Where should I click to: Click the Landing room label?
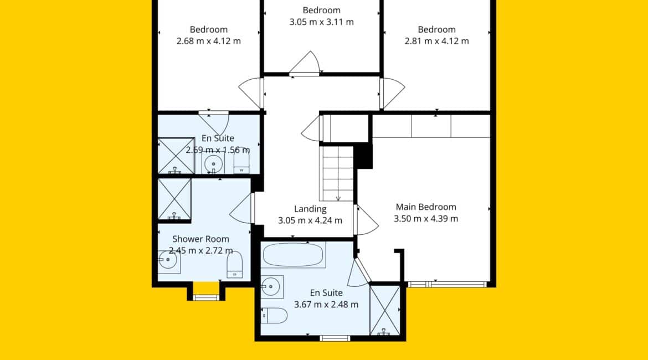[310, 209]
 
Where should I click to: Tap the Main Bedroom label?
[426, 207]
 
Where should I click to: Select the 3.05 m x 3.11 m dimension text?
[322, 22]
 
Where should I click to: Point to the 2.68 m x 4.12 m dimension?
[209, 41]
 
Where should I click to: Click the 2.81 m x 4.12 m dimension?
[437, 41]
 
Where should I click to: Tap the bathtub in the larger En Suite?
[294, 255]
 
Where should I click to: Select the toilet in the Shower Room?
[234, 265]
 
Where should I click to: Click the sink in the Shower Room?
[168, 261]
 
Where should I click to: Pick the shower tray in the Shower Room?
[174, 199]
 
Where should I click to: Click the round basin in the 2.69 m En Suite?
[213, 164]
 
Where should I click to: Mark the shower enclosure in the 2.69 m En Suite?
[176, 156]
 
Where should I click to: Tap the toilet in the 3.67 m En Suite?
[274, 315]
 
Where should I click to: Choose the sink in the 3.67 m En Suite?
[271, 286]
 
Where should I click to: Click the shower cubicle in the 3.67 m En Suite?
[385, 310]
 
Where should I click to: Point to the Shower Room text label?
[200, 239]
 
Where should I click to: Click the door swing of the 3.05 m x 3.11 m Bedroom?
[305, 63]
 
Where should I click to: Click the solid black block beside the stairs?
[364, 156]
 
